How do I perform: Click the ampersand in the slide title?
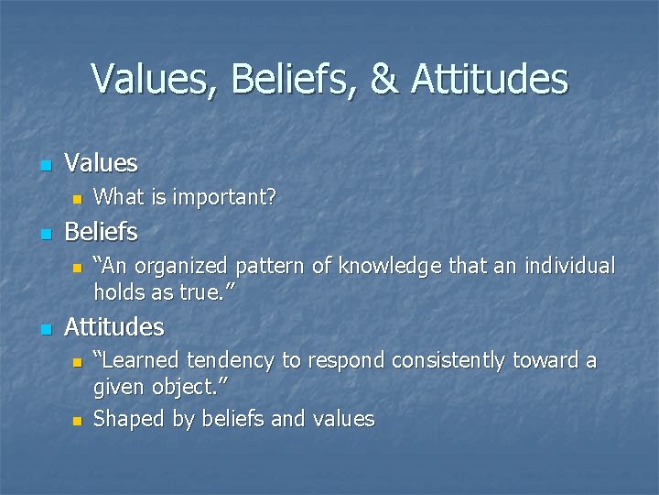point(385,80)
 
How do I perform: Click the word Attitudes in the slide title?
point(490,80)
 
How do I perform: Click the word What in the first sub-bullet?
point(117,197)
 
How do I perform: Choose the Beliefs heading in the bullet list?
point(101,232)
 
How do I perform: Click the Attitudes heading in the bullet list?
point(114,326)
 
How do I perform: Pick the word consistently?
point(448,361)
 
